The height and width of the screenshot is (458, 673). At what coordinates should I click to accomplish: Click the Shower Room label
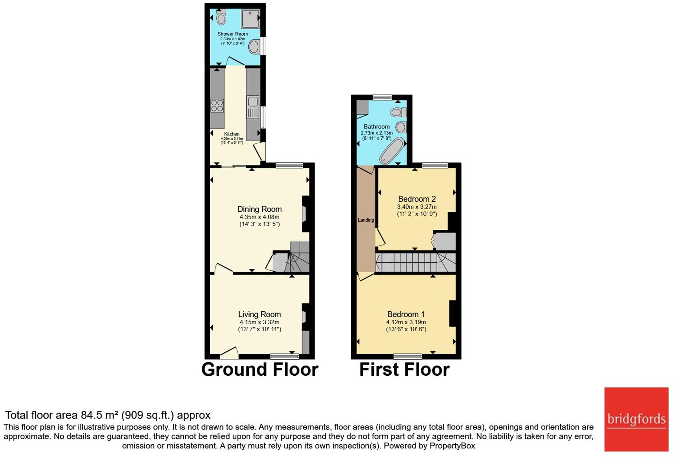click(x=233, y=34)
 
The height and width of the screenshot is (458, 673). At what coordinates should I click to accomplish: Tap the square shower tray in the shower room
click(x=250, y=19)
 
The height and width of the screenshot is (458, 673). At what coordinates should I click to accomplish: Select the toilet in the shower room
click(x=221, y=18)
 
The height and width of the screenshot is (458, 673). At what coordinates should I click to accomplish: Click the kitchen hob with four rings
click(x=217, y=106)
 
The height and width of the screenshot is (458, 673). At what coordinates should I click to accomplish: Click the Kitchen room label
click(x=232, y=134)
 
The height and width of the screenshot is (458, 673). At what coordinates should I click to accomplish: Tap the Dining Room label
click(x=259, y=209)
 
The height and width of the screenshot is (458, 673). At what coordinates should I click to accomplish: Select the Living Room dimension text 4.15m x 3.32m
click(x=259, y=322)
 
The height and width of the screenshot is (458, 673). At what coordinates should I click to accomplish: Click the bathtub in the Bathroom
click(x=391, y=150)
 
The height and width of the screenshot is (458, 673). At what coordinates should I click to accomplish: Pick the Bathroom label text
click(x=377, y=126)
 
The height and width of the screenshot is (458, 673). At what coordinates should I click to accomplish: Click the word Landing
click(x=366, y=220)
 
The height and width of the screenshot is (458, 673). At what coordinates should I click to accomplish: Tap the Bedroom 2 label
click(x=416, y=199)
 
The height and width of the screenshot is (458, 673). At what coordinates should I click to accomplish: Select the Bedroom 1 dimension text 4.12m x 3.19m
click(x=406, y=322)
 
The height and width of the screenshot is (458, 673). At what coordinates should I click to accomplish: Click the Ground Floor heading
click(x=260, y=369)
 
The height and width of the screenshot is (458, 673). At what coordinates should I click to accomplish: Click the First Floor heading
click(x=404, y=369)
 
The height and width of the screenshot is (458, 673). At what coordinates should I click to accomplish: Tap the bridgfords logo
click(x=636, y=419)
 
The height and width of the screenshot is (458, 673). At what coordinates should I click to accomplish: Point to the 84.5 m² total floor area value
click(x=100, y=415)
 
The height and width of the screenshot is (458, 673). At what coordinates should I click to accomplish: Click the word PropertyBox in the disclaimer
click(x=452, y=445)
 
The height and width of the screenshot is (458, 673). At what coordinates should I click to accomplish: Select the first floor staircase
click(x=415, y=262)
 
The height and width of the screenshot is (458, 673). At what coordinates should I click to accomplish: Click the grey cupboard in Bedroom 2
click(x=445, y=242)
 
